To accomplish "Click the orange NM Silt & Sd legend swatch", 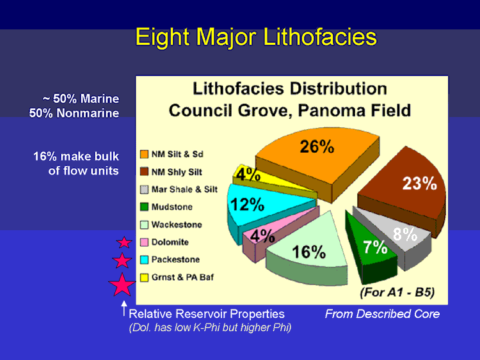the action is point(144,154).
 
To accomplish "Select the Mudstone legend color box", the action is point(144,207).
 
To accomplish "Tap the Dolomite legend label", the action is point(170,242).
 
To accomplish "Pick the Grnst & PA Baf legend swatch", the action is point(144,278).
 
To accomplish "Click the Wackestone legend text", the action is point(177,225).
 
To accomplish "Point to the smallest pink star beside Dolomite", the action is point(124,243).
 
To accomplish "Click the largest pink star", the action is point(122,285).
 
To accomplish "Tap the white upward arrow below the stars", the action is point(124,308).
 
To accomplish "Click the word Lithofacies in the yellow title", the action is point(319,37).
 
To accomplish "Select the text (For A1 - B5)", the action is point(397,292).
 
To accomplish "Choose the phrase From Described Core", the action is point(382,314).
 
